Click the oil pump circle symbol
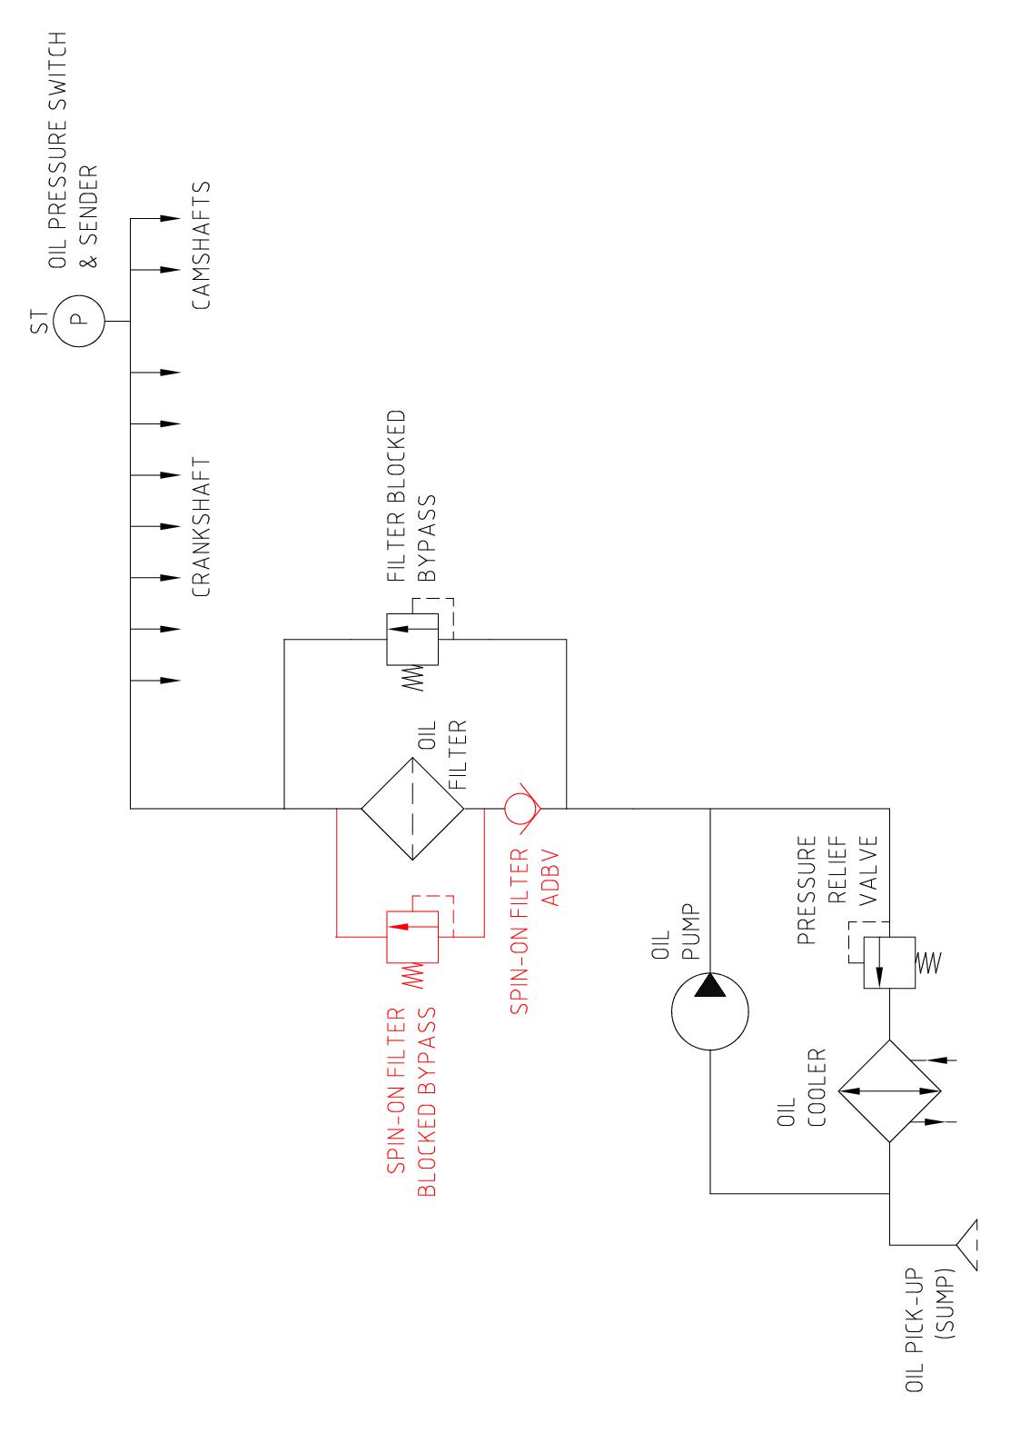(x=710, y=1011)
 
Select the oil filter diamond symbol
(x=413, y=808)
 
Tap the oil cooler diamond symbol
(x=889, y=1090)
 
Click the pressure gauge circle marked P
(x=78, y=319)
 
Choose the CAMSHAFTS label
(x=202, y=245)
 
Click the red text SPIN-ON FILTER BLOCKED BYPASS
(x=413, y=1101)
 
